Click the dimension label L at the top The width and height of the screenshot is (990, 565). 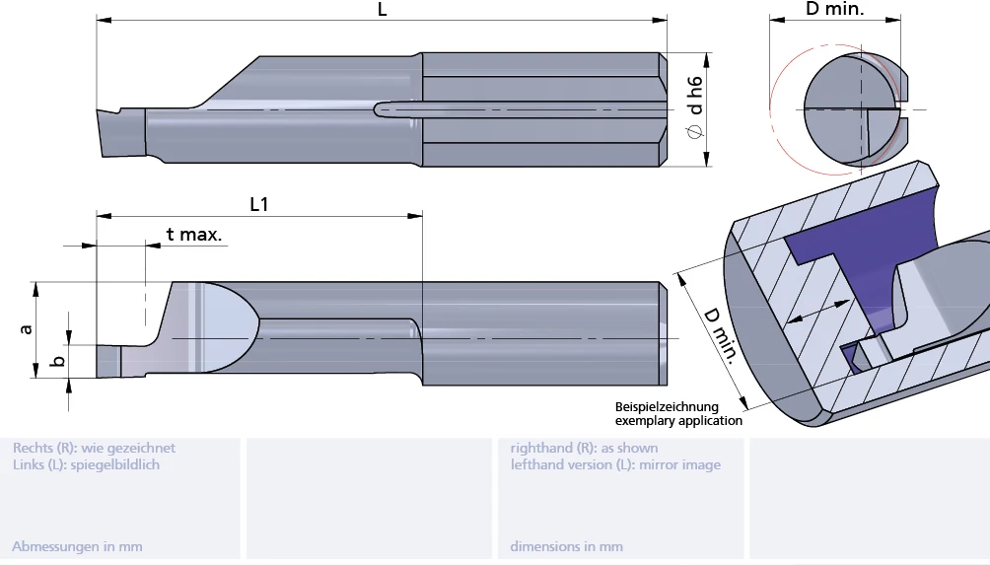pos(382,10)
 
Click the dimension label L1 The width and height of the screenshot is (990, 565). pos(259,204)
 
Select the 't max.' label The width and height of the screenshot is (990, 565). pos(193,235)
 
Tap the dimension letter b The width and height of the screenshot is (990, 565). pos(58,362)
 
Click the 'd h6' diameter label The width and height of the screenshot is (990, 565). pos(695,95)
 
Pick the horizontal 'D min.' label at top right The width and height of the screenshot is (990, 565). pos(834,10)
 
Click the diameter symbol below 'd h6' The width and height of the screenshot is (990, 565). pos(695,132)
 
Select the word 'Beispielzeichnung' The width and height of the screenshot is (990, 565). pos(667,406)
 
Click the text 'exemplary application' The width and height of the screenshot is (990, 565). pos(678,421)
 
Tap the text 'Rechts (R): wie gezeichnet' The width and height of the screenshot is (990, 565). pos(94,448)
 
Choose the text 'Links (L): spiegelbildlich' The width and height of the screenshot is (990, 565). pos(86,464)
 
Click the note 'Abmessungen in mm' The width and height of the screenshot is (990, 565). pos(77,546)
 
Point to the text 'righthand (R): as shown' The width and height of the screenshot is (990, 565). pos(584,448)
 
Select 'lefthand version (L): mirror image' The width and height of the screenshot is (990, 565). pos(615,464)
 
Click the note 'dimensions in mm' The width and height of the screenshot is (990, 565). pos(566,546)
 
